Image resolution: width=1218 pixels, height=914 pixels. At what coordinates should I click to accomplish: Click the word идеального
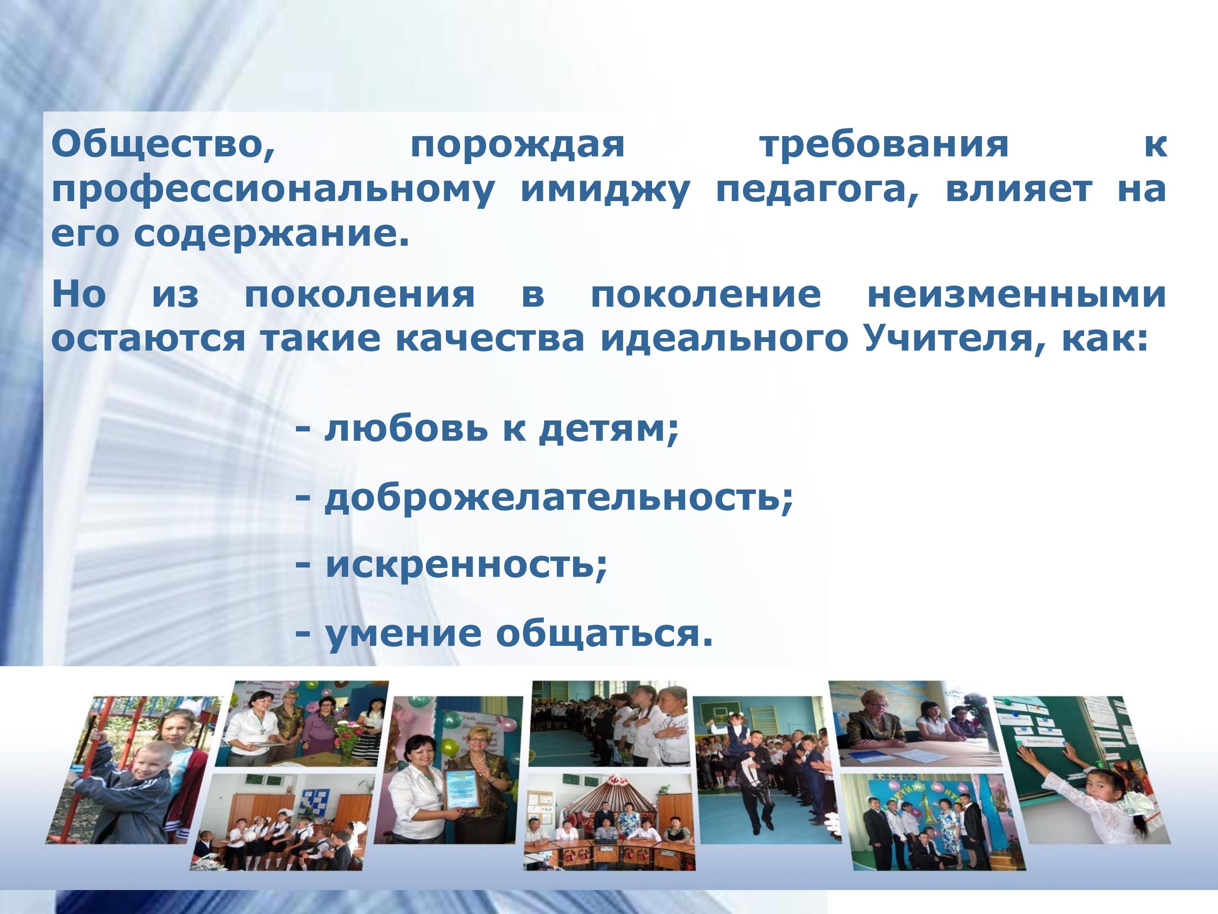point(724,339)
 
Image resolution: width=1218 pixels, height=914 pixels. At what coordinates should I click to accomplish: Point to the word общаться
point(604,634)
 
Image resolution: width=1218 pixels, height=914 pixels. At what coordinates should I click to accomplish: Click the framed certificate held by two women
point(462,789)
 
